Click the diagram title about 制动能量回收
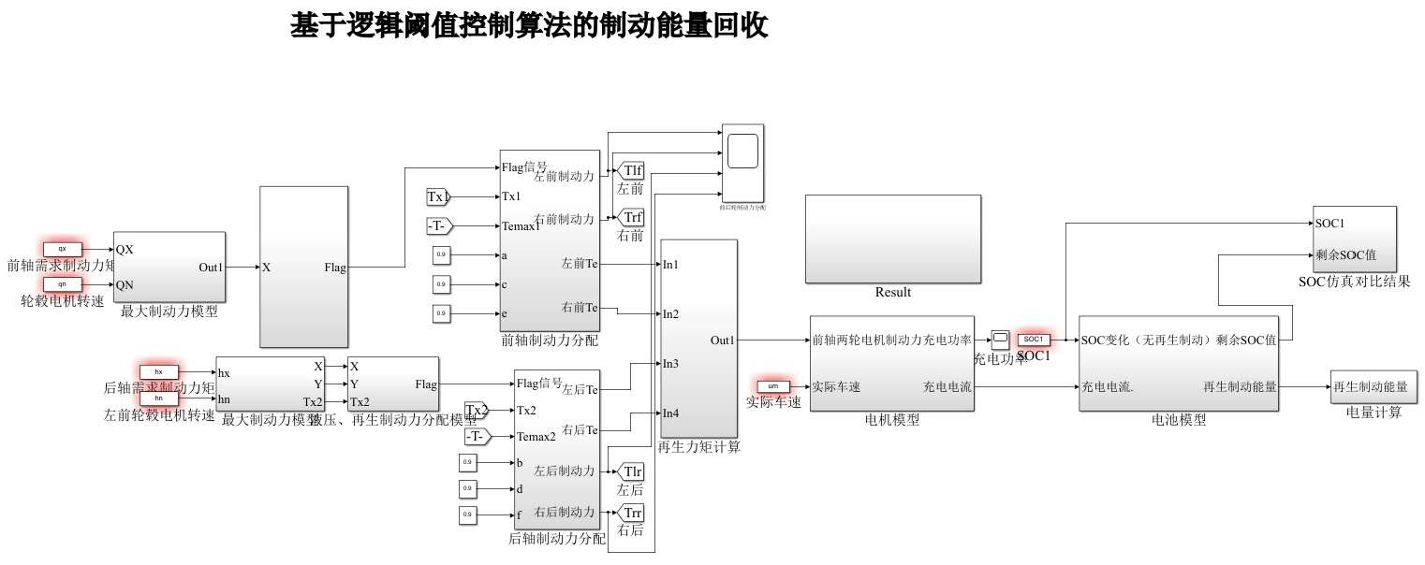click(529, 26)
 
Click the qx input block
click(63, 250)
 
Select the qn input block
click(63, 284)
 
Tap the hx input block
click(158, 372)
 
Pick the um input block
click(772, 386)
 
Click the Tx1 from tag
click(437, 196)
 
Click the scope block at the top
click(742, 151)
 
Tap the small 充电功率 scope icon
click(1000, 340)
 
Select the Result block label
click(892, 292)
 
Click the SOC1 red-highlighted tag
click(1034, 340)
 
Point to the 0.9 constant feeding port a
click(441, 254)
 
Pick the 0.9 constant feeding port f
click(467, 514)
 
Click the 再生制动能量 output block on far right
click(1370, 386)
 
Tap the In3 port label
click(670, 364)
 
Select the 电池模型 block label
click(1178, 420)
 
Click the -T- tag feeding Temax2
click(477, 437)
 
